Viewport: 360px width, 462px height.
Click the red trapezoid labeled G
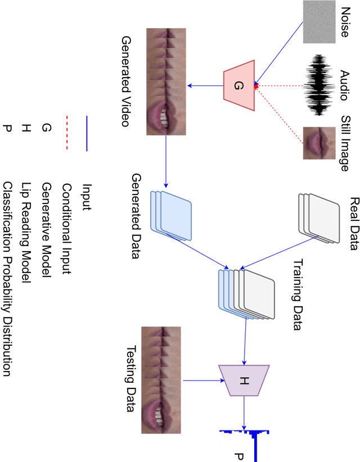(240, 85)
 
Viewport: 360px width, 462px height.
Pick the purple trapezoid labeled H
(244, 381)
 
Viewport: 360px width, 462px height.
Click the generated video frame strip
(166, 81)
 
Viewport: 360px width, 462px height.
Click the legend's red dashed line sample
(66, 133)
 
